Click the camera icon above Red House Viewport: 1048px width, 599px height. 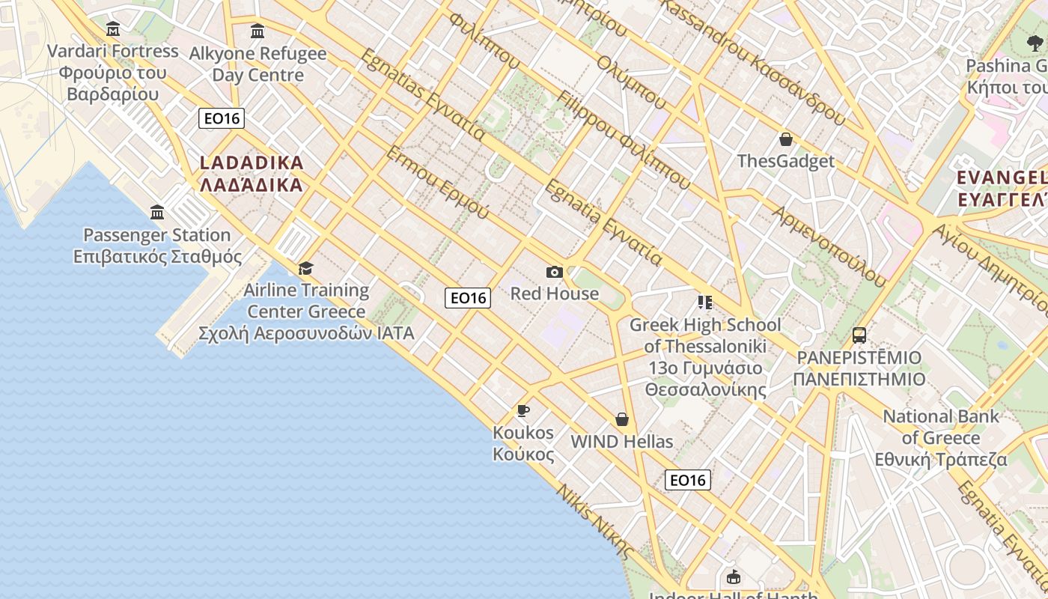tap(554, 272)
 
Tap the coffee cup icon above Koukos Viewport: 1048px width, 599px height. tap(523, 410)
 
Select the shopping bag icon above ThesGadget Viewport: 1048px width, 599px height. tap(786, 139)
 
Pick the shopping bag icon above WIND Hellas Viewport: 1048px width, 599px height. tap(621, 419)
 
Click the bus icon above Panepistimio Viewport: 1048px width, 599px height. tap(859, 335)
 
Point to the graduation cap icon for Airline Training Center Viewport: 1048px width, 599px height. tap(305, 268)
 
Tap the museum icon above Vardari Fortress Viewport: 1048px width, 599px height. tap(113, 29)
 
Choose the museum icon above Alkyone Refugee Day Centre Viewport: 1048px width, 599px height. tap(258, 31)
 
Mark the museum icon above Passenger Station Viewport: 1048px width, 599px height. tap(157, 213)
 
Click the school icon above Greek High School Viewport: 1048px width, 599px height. tap(704, 302)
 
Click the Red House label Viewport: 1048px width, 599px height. tap(554, 294)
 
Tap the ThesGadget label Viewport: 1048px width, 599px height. tap(785, 161)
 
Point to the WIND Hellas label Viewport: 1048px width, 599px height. tap(621, 442)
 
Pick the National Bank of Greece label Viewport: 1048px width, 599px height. tap(941, 438)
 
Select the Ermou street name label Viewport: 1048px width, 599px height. tap(438, 183)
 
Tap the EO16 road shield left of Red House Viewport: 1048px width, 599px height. tap(468, 298)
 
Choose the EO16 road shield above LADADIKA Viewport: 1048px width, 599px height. tap(222, 118)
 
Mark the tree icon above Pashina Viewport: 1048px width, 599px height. tap(1035, 43)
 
